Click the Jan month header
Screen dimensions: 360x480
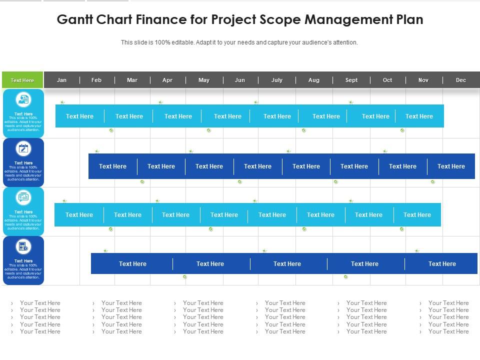(61, 80)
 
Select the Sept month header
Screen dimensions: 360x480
(351, 80)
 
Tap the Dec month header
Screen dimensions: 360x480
(461, 80)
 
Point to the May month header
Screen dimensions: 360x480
(204, 80)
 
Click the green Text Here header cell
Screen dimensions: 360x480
(22, 80)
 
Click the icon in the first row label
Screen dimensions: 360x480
(23, 99)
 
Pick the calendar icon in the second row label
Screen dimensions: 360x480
(23, 148)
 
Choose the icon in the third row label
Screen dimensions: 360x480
(23, 197)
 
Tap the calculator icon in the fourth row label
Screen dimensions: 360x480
(23, 246)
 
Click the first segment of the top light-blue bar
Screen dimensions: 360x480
(79, 116)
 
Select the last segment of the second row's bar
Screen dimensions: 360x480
(451, 166)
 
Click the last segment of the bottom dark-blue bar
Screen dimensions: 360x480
(441, 264)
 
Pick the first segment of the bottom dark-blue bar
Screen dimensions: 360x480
(132, 264)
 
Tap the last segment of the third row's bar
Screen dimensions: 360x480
(417, 215)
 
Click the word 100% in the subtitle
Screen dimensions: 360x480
(163, 42)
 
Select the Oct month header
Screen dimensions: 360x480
(387, 80)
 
